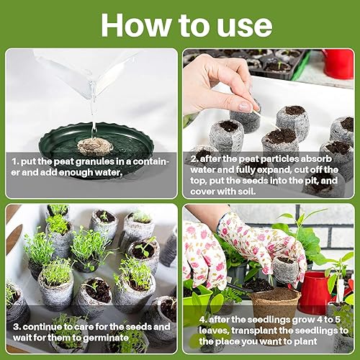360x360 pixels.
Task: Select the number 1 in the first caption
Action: pos(14,162)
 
